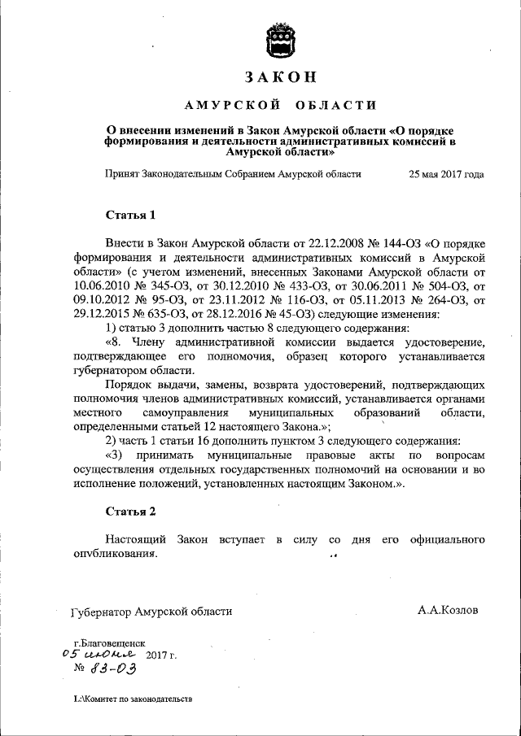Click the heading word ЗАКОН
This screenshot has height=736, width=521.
pos(279,77)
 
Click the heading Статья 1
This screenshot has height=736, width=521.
pos(129,215)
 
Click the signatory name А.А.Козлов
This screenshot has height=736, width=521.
pos(448,610)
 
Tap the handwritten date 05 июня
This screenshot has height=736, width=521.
pos(101,653)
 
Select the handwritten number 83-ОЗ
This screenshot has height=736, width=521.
pos(111,668)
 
